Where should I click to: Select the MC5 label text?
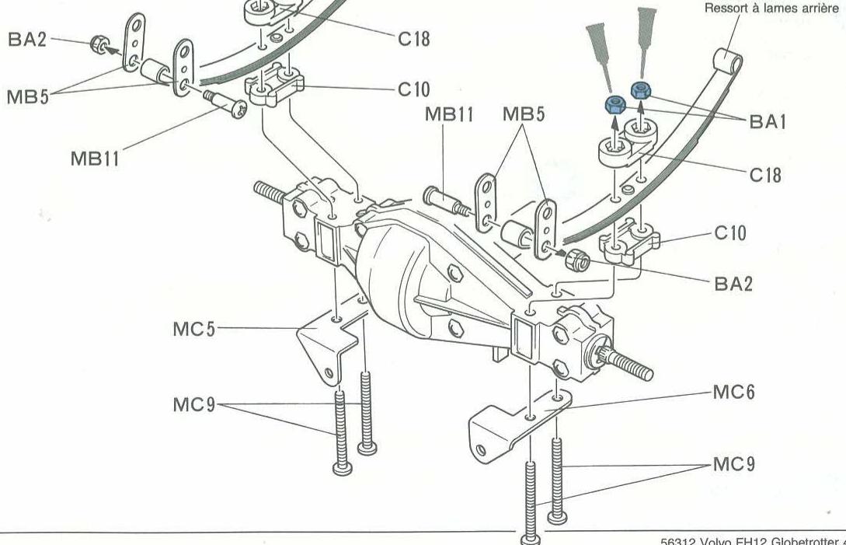click(x=193, y=329)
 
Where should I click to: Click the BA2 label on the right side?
click(x=733, y=284)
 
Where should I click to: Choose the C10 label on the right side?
click(x=729, y=232)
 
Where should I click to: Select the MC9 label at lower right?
click(x=733, y=464)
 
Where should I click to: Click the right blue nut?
click(x=642, y=89)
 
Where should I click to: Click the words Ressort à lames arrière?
click(x=771, y=9)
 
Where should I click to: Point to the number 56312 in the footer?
click(x=677, y=540)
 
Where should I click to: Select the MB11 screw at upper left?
click(x=225, y=103)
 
